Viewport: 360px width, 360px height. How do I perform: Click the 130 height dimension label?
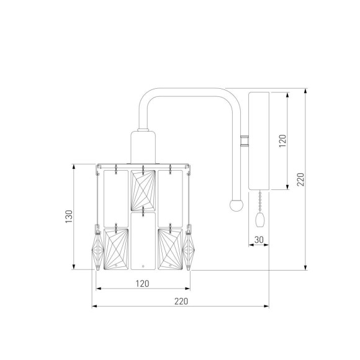(69, 216)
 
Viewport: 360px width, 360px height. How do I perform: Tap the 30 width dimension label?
(259, 240)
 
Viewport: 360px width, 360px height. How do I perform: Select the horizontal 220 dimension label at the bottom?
(181, 301)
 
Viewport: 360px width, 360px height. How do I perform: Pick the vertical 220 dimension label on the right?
(300, 179)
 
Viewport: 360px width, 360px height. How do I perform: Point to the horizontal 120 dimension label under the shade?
(142, 284)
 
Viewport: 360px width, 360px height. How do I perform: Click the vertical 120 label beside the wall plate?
(282, 141)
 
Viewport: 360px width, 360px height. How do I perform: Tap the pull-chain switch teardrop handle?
(259, 220)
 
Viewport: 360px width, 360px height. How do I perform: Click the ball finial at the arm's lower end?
(236, 205)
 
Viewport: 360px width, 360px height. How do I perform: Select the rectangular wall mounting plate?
(259, 141)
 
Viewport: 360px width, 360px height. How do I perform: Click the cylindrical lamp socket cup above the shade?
(143, 147)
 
